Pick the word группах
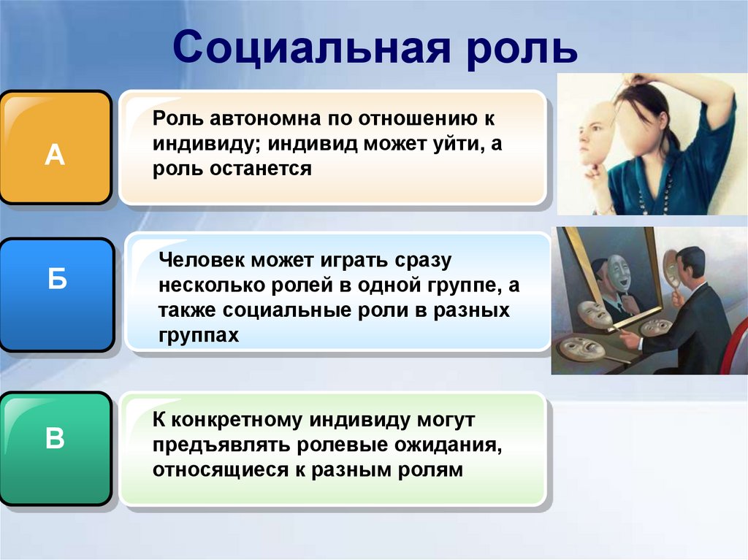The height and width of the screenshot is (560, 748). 198,334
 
